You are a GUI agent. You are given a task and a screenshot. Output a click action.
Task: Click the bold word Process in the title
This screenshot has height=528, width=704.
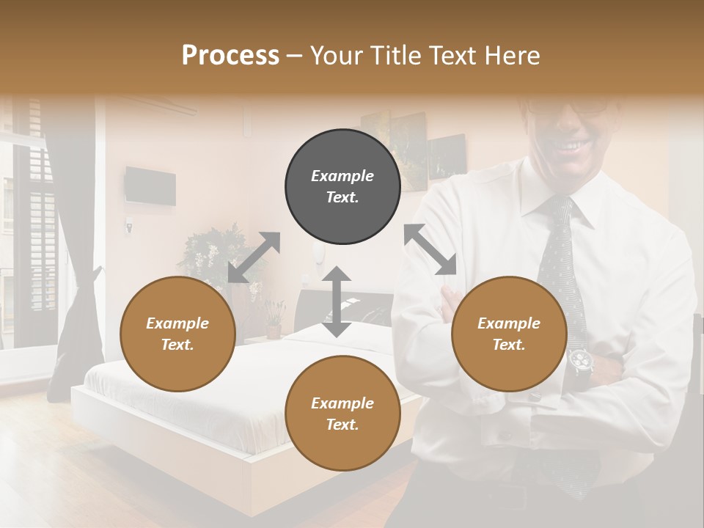coord(230,56)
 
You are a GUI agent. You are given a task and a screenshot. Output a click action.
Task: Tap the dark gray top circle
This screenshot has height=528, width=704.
coord(342,187)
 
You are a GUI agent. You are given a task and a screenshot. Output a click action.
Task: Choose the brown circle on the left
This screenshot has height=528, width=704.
coord(177,334)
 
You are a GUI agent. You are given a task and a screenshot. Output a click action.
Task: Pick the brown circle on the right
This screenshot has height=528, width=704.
coord(509,334)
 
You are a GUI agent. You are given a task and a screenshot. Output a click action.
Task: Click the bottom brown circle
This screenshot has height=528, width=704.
coord(342,414)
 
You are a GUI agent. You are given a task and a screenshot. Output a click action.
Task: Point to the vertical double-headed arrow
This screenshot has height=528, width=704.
coord(337,301)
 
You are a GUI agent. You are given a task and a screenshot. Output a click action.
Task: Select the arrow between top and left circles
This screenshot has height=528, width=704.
coord(254,257)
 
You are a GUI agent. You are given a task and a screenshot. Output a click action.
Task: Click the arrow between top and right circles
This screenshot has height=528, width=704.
coord(430,249)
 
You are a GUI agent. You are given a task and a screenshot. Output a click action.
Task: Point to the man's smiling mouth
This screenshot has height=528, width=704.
coord(568,147)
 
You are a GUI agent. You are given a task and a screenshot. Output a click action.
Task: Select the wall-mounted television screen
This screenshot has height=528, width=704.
coord(150,186)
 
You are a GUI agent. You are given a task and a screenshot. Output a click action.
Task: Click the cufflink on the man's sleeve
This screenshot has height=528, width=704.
coord(534,397)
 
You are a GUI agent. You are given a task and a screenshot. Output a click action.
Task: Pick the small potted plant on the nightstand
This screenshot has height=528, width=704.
coord(274,319)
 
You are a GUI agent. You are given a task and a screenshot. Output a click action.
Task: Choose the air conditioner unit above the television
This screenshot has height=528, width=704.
coord(165,107)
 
